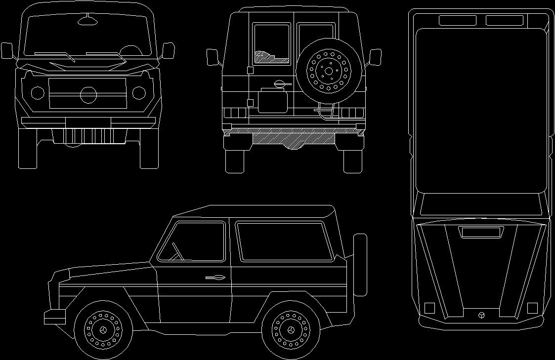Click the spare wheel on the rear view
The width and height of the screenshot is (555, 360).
point(328,71)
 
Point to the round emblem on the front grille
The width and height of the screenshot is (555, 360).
point(89,94)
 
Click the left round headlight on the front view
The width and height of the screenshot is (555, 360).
point(38,92)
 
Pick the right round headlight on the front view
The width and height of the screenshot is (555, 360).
point(139,92)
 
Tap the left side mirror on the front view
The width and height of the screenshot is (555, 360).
point(7,50)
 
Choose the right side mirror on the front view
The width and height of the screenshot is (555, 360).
point(169,50)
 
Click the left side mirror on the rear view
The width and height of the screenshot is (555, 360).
point(213,57)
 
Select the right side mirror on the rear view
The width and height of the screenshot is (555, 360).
point(375,57)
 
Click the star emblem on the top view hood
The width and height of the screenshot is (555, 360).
point(481,315)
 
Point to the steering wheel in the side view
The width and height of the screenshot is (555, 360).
point(177,252)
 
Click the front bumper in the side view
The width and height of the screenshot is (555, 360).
point(54,317)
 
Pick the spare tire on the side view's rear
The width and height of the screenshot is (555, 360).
point(360,265)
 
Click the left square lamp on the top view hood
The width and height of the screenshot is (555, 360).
point(429,308)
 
